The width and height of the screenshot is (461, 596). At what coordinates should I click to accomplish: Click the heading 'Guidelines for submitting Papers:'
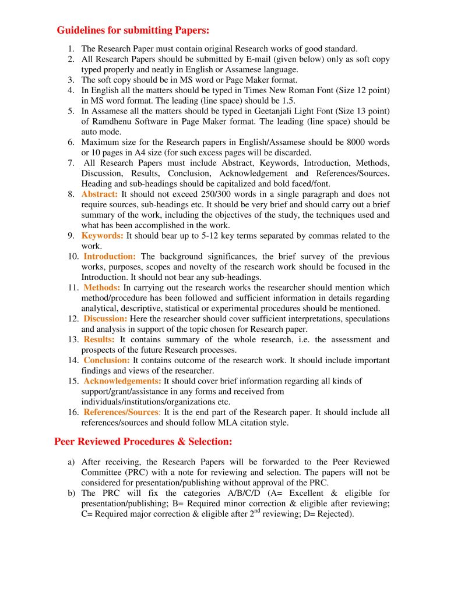(133, 30)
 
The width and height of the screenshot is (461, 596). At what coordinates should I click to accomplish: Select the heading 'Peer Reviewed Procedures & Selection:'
(143, 441)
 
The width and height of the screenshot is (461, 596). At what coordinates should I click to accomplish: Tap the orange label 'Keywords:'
(103, 236)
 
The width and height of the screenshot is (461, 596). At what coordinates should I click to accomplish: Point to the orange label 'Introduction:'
(110, 257)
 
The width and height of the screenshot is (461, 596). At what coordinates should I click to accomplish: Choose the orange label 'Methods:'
(102, 288)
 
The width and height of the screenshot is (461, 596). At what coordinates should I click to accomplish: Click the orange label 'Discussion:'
(105, 319)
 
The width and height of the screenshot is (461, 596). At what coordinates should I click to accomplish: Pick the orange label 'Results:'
(100, 340)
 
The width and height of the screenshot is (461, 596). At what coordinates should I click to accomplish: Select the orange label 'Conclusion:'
(107, 360)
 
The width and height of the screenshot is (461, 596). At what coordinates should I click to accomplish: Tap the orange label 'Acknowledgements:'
(122, 381)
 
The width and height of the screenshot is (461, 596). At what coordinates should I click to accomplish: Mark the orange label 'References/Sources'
(121, 413)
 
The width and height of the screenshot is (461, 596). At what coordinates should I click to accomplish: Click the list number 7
(71, 163)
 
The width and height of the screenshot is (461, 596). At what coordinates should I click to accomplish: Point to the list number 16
(73, 413)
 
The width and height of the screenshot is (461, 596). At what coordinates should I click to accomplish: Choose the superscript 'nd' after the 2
(256, 512)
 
